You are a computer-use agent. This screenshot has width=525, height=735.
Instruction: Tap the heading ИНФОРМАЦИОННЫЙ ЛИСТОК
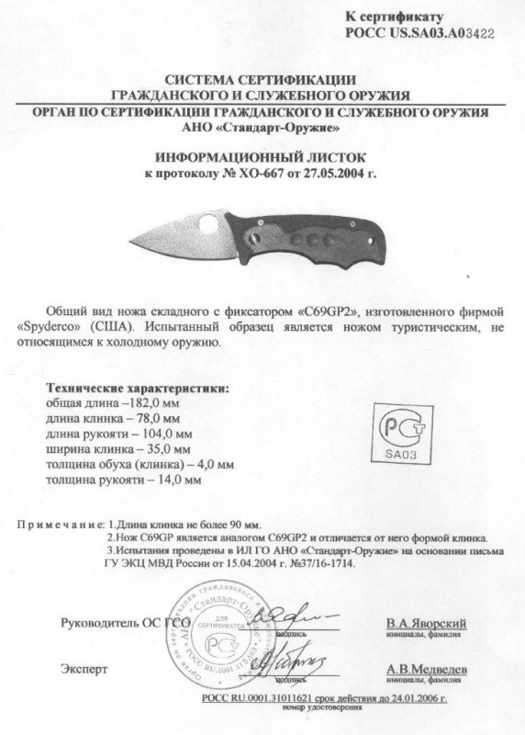[262, 157]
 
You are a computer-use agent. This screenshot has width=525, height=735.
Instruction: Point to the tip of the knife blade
[124, 237]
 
